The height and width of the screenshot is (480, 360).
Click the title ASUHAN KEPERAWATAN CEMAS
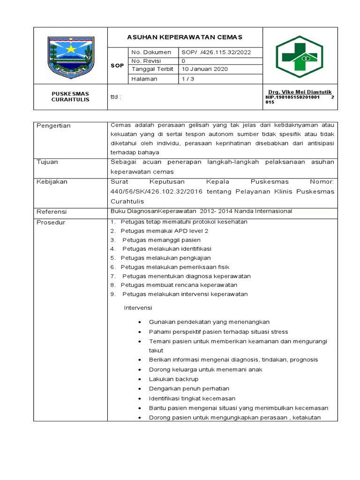pos(185,37)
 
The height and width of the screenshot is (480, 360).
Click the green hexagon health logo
pos(299,56)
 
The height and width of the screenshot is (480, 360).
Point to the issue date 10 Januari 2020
pos(204,69)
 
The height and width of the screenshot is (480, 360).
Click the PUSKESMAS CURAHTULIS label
pos(70,97)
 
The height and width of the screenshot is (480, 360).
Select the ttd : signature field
pos(115,97)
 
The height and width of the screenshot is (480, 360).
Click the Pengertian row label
pos(54,126)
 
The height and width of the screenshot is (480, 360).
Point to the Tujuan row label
pos(48,162)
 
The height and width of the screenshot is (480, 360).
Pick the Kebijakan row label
pos(52,181)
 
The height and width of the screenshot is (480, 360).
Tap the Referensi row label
pos(52,211)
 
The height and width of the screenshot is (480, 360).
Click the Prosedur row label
pos(51,222)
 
